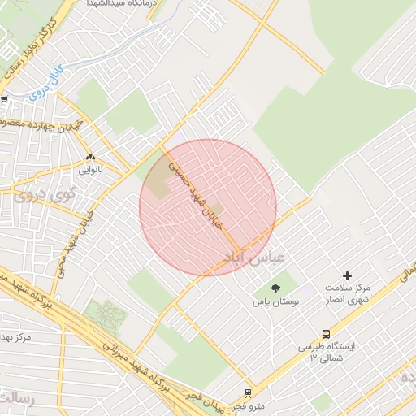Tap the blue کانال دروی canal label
(x=50, y=84)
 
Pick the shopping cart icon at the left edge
(x=4, y=99)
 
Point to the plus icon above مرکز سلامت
(x=348, y=275)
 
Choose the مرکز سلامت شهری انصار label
(x=347, y=295)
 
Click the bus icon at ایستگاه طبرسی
(x=327, y=333)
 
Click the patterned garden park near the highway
(x=104, y=314)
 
